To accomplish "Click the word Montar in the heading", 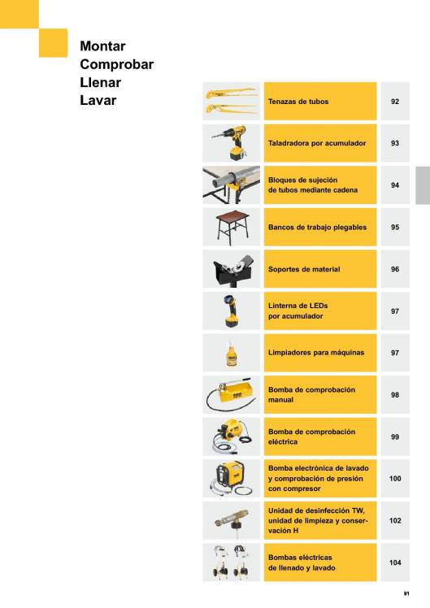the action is pyautogui.click(x=102, y=46).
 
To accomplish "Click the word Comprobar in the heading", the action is pyautogui.click(x=117, y=64).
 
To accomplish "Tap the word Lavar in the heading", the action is pyautogui.click(x=98, y=101).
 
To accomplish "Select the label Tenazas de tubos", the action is pyautogui.click(x=298, y=102).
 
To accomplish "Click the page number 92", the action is pyautogui.click(x=395, y=102).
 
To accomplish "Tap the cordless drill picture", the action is pyautogui.click(x=231, y=143).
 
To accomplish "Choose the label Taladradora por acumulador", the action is pyautogui.click(x=317, y=143).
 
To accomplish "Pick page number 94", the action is pyautogui.click(x=395, y=185).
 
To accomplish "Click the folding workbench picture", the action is pyautogui.click(x=232, y=228).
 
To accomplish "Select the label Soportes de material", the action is pyautogui.click(x=304, y=269).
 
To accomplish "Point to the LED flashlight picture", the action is pyautogui.click(x=231, y=311).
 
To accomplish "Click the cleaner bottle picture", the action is pyautogui.click(x=232, y=354).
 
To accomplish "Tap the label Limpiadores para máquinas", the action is pyautogui.click(x=316, y=353).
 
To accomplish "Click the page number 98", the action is pyautogui.click(x=395, y=395).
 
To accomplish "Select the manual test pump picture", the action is pyautogui.click(x=232, y=395).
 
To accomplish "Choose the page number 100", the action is pyautogui.click(x=395, y=479).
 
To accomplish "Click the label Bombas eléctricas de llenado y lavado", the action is pyautogui.click(x=302, y=562).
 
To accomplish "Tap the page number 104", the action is pyautogui.click(x=395, y=562).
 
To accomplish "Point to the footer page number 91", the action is pyautogui.click(x=406, y=593).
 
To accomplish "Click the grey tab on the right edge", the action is pyautogui.click(x=423, y=185).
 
